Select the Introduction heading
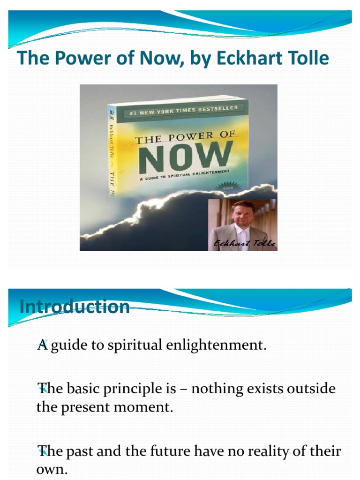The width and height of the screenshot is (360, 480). pos(75,307)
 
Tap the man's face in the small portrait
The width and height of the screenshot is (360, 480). pos(243,214)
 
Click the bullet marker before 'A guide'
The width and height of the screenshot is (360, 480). pos(41,345)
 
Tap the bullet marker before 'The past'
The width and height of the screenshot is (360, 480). pos(42,451)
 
